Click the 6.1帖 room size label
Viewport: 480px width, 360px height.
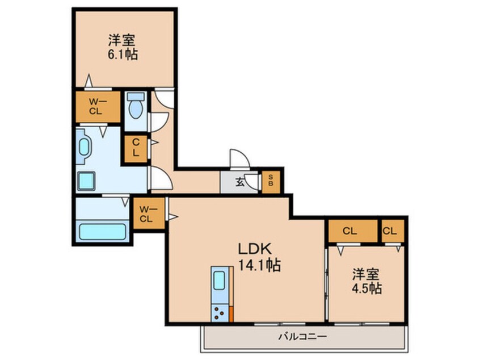click(123, 55)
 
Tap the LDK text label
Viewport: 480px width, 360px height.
click(255, 249)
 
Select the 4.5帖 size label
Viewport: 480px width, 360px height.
click(367, 288)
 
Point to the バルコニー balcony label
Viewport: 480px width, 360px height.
click(302, 337)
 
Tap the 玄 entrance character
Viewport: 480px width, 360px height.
click(240, 183)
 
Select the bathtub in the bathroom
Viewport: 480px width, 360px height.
click(102, 232)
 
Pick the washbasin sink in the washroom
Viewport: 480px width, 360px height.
click(84, 146)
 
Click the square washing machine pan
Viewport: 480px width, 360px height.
click(86, 181)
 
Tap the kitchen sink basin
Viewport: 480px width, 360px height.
click(219, 281)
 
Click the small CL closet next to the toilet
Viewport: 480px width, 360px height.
click(136, 149)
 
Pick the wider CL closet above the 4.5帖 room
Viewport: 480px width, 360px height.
click(353, 231)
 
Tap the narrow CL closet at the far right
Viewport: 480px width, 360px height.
click(393, 231)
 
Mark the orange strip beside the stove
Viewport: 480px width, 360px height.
click(231, 314)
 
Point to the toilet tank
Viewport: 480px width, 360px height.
click(136, 96)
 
